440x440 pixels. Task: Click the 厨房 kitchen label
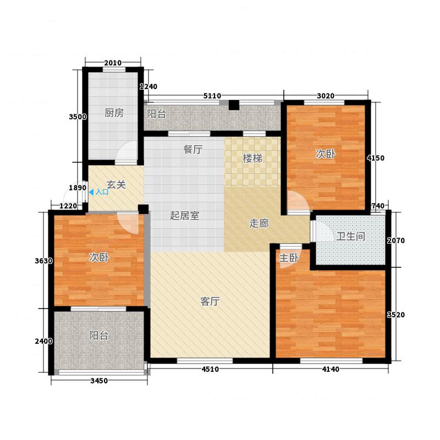114,113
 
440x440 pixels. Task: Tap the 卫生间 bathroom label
351,237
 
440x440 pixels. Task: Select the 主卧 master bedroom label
289,258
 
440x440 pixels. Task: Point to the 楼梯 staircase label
252,158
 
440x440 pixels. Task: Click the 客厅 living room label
210,301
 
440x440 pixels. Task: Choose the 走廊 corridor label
259,223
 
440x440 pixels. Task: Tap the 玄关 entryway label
116,185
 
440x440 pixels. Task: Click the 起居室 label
185,216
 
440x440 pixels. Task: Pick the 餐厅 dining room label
193,149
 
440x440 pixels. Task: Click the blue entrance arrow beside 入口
91,192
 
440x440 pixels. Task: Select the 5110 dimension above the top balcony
212,96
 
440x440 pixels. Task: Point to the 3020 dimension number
326,96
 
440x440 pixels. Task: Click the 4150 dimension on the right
376,158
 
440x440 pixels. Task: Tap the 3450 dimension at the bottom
99,381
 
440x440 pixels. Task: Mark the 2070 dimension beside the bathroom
396,240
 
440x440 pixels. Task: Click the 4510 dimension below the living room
210,369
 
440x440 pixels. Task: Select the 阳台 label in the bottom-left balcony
99,335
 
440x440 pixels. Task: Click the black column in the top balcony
234,105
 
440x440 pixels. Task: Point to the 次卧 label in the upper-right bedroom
326,154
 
